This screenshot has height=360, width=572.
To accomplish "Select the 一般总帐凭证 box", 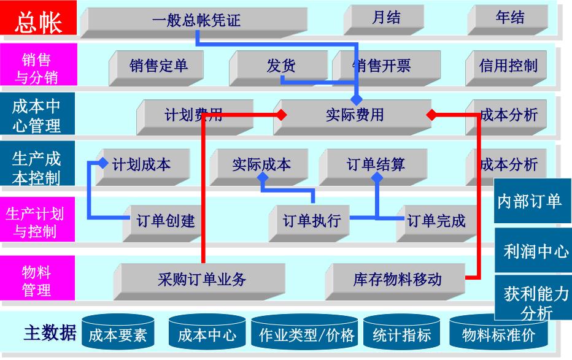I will [196, 20].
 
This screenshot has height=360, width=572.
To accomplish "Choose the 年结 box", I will [510, 18].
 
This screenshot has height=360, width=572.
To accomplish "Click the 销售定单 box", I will [159, 66].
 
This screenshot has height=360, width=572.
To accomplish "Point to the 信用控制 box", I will [508, 66].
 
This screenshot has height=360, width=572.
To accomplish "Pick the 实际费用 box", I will [354, 115].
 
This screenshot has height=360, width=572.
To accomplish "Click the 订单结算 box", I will [376, 164].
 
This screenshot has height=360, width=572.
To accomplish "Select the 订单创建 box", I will [165, 221].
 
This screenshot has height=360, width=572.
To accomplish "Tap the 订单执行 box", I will [311, 221].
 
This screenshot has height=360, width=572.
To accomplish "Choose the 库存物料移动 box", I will [397, 279].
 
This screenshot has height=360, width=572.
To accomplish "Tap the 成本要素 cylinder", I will [117, 335].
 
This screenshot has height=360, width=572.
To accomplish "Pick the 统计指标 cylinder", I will [401, 335].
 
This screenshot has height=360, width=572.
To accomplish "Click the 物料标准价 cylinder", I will [498, 335].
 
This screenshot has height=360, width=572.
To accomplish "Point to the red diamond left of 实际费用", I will [280, 114].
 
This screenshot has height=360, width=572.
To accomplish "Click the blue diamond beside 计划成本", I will [103, 163].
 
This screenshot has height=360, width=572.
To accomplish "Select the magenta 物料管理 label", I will [37, 280].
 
